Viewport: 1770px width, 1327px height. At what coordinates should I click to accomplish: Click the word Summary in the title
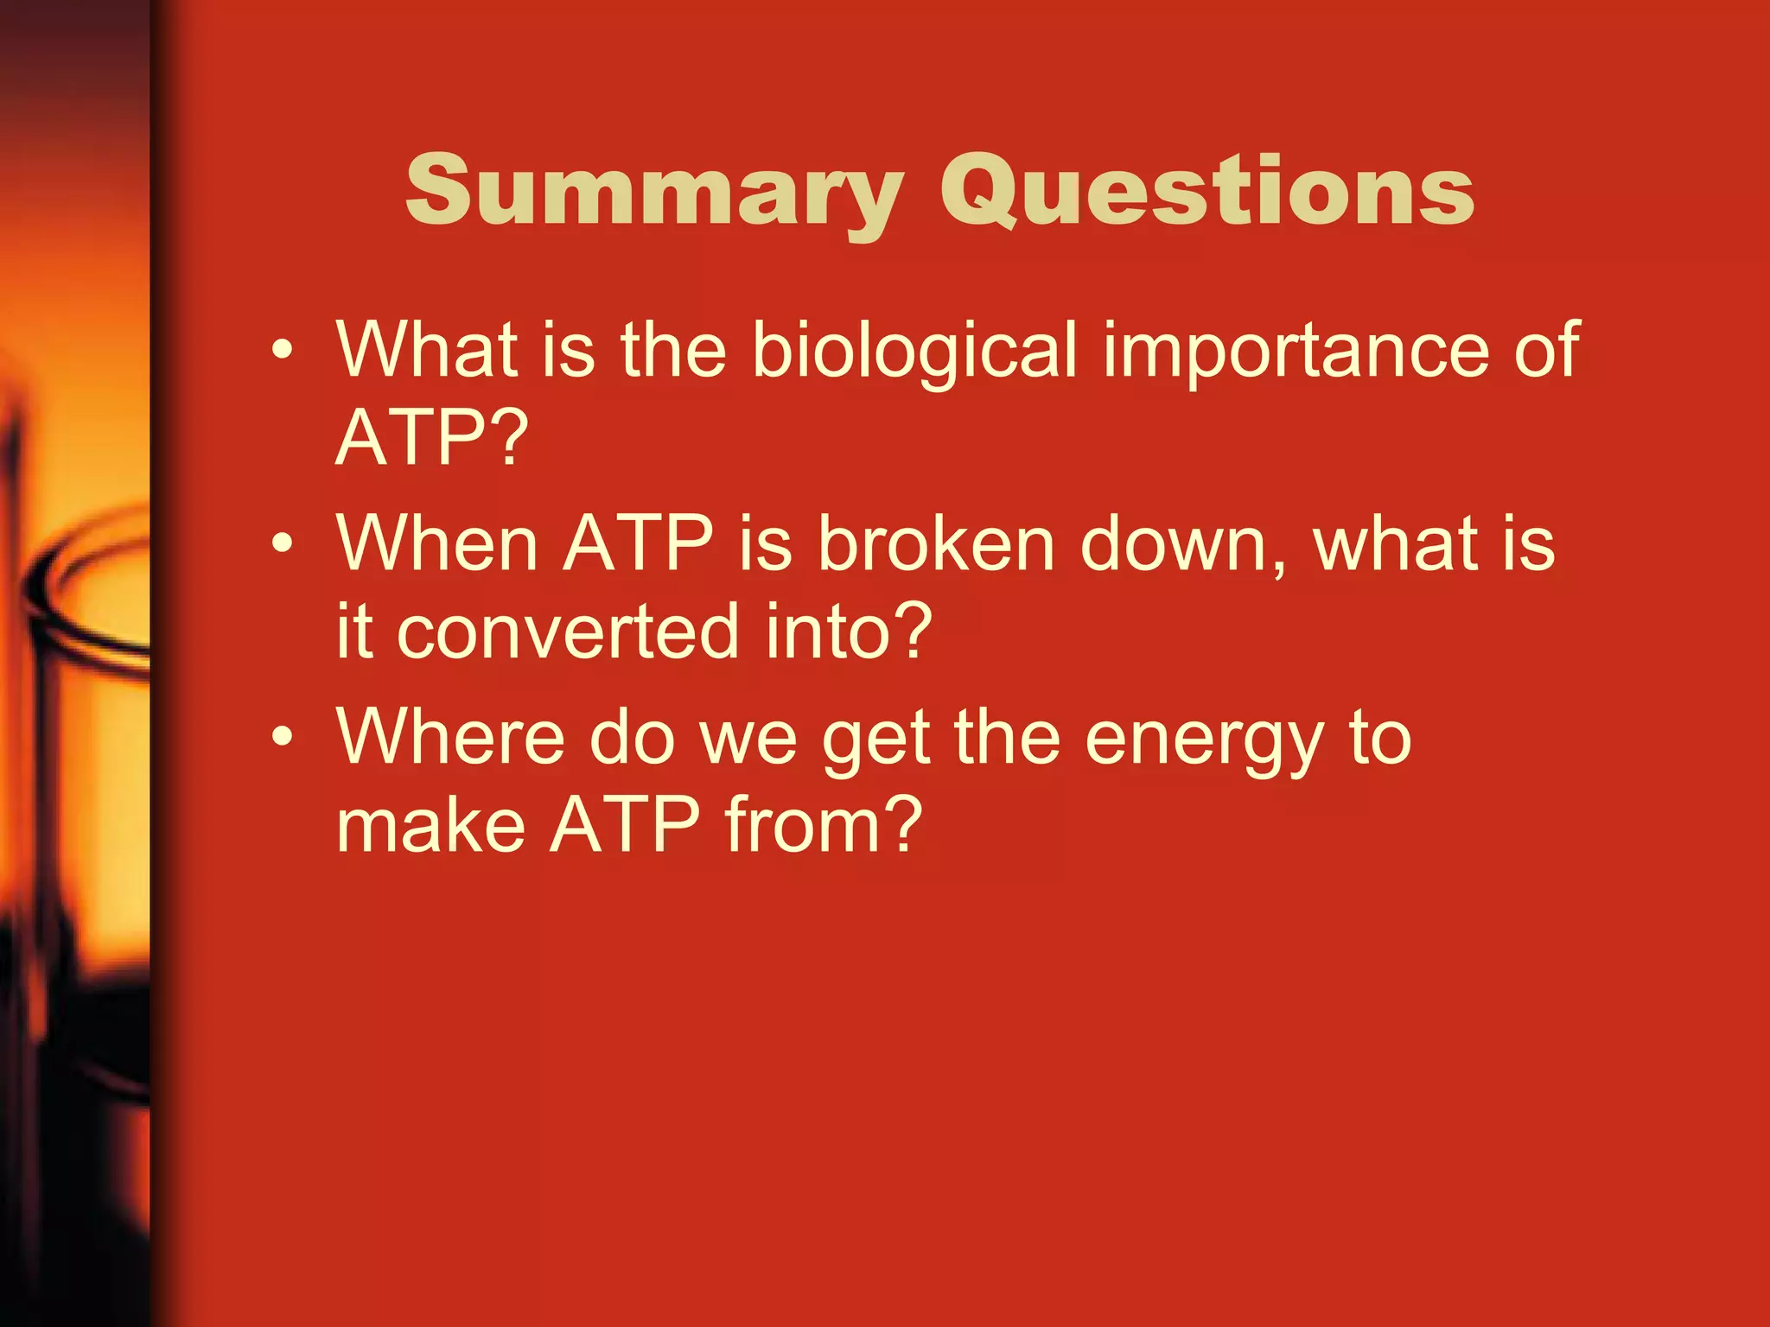click(x=653, y=192)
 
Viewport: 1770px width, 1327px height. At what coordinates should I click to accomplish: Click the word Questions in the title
click(x=1207, y=192)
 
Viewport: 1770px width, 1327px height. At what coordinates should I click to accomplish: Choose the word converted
click(x=568, y=632)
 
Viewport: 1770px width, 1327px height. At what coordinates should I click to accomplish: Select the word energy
click(x=1203, y=740)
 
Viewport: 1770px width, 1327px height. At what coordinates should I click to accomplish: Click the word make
click(x=430, y=825)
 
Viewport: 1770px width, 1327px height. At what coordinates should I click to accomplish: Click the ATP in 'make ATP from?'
click(x=624, y=825)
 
